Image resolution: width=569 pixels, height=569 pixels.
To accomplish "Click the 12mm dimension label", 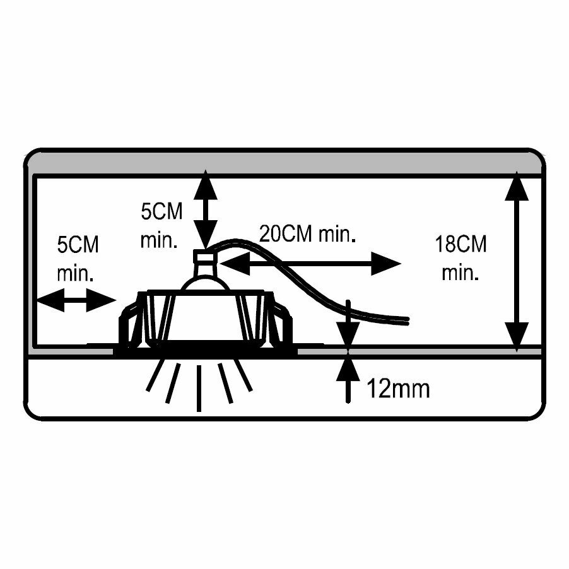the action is point(398,389).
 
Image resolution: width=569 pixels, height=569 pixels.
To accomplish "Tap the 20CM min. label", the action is point(308,235).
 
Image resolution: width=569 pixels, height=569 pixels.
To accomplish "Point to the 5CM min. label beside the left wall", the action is point(78,259).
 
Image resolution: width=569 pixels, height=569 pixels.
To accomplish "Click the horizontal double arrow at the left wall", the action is point(76,301).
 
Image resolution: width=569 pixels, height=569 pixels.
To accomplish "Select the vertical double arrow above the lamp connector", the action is point(204,211).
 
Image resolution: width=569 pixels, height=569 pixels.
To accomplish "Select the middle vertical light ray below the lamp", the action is point(200,387).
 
